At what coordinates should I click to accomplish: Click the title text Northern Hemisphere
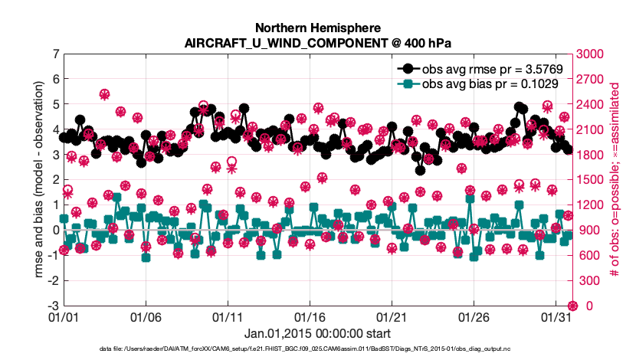point(317,27)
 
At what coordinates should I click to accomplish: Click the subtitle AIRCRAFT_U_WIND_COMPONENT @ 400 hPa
point(317,42)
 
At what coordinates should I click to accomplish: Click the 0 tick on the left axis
point(56,230)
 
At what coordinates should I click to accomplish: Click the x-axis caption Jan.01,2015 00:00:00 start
point(317,334)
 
